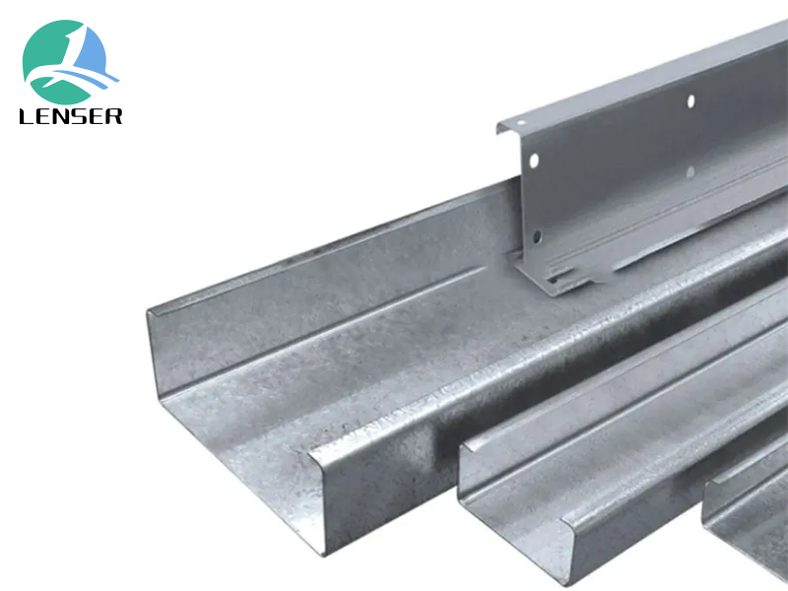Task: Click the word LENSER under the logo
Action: (70, 115)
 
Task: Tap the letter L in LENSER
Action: (27, 115)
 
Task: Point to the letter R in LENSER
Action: (114, 115)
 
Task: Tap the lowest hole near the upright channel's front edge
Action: (537, 235)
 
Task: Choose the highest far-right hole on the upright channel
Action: (689, 100)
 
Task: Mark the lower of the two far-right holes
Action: (689, 171)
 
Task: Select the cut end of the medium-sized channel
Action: (512, 492)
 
